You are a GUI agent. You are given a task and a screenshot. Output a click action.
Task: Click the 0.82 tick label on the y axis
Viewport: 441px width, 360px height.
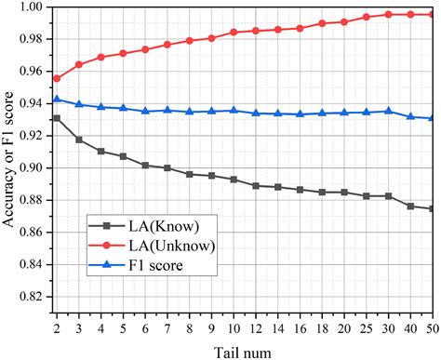pyautogui.click(x=33, y=297)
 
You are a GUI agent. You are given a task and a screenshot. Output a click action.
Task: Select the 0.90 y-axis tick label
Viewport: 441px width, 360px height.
pyautogui.click(x=33, y=168)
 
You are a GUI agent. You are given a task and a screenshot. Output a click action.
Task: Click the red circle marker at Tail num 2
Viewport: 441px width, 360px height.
pyautogui.click(x=58, y=78)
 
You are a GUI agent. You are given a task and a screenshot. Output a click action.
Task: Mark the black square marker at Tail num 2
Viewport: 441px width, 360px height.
pyautogui.click(x=58, y=118)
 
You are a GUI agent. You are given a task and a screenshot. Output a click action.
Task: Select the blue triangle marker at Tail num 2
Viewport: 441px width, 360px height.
pyautogui.click(x=58, y=99)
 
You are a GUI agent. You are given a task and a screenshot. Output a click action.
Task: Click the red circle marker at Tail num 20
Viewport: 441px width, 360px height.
pyautogui.click(x=346, y=21)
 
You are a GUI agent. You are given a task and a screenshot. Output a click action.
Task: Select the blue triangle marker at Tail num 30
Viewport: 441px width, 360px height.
pyautogui.click(x=388, y=111)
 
